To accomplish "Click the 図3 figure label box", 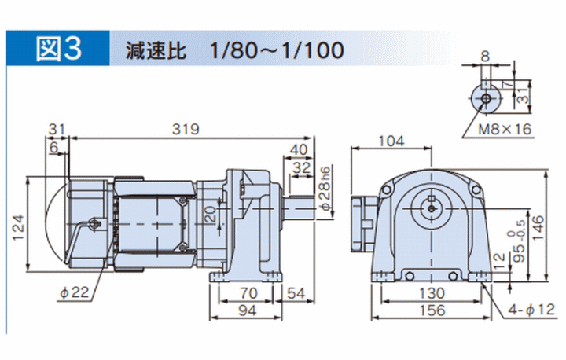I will tap(60, 50).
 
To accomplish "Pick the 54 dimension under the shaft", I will tap(296, 293).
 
